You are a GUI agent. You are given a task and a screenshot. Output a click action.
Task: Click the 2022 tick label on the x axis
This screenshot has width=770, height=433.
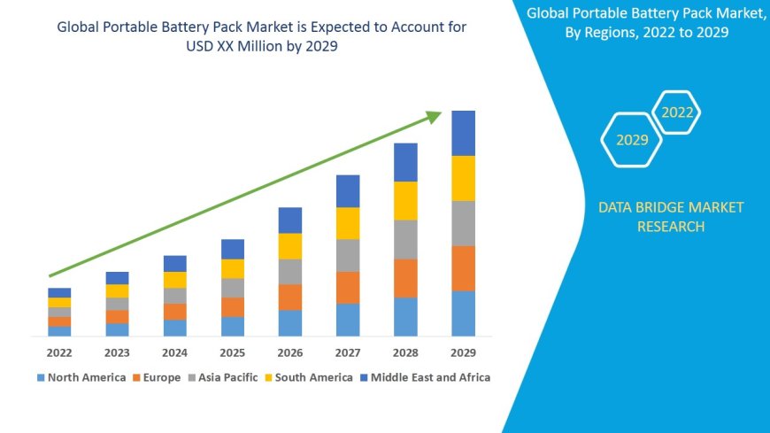[59, 352]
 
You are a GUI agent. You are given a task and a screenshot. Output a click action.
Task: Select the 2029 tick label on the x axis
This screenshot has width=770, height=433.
[463, 352]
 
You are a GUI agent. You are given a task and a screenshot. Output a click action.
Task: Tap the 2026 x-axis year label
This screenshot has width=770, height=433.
[290, 352]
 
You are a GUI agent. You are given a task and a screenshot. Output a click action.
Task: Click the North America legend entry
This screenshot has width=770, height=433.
[81, 377]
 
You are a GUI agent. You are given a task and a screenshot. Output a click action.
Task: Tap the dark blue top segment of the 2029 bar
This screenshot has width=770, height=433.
[463, 133]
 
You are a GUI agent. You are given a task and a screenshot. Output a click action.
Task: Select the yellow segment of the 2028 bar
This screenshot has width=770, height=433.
[405, 200]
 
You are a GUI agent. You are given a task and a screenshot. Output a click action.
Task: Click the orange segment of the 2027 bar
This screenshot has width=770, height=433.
[348, 287]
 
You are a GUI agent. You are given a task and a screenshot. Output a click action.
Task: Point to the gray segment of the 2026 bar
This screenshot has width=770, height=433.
[290, 271]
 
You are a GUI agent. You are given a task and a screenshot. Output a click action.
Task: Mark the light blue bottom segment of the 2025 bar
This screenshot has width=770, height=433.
[233, 326]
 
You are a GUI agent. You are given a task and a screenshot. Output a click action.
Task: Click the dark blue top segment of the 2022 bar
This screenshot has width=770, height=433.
[59, 292]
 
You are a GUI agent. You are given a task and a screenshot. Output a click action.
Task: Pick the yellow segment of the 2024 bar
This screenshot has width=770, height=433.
[175, 280]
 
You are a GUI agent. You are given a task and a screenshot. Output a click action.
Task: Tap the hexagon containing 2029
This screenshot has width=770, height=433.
[631, 140]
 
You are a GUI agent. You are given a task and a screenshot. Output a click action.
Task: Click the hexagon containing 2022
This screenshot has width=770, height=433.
[677, 112]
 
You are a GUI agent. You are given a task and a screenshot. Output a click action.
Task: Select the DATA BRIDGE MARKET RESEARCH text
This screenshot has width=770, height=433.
[670, 217]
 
